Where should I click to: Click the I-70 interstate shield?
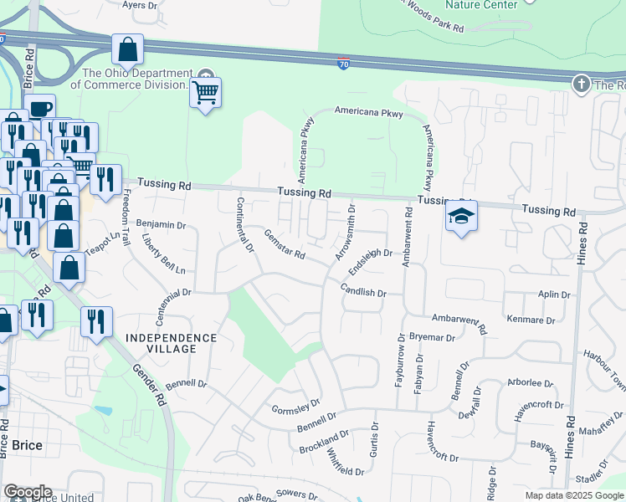click(344, 64)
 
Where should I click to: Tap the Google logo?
click(28, 492)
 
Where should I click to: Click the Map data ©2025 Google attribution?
click(574, 495)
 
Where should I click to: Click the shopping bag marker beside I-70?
click(127, 51)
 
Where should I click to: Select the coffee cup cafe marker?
click(39, 110)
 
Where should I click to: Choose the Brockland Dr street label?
click(324, 443)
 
